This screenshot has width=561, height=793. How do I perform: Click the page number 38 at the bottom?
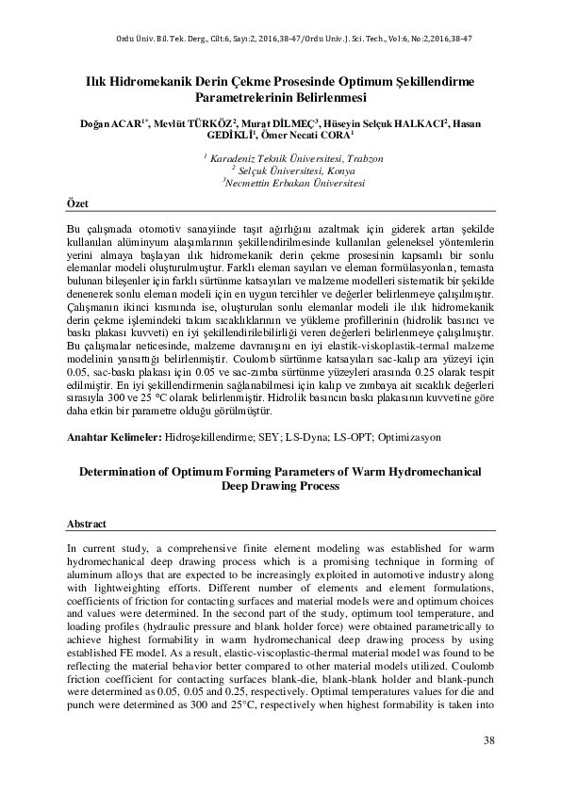(x=489, y=740)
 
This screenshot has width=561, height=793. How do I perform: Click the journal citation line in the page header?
(x=280, y=39)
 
